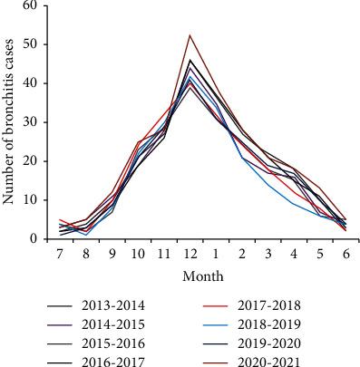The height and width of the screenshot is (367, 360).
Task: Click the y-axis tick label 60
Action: click(x=30, y=6)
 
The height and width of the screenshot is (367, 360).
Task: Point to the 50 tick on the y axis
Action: click(x=30, y=44)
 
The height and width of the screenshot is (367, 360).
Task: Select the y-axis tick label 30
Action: click(x=30, y=122)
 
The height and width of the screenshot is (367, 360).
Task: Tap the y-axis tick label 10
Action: click(x=30, y=200)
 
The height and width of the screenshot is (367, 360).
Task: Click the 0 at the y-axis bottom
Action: click(x=34, y=239)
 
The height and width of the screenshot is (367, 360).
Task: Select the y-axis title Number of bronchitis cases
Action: click(x=10, y=122)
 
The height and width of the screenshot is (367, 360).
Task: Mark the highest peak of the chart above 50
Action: click(x=190, y=35)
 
